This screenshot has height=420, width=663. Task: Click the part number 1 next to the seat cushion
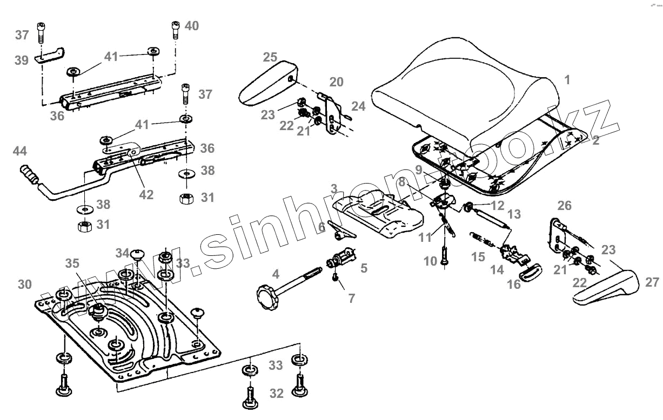(x=567, y=80)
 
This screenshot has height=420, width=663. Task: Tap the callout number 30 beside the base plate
(x=24, y=284)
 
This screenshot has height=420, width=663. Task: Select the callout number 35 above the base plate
(x=72, y=263)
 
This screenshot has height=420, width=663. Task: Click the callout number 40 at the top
(x=191, y=25)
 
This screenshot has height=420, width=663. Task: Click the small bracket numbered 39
(x=50, y=55)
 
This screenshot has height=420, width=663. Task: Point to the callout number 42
(x=146, y=194)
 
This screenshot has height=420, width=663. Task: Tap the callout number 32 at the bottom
(x=276, y=394)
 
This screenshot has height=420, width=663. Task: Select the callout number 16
(x=514, y=284)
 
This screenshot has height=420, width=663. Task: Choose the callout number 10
(x=430, y=262)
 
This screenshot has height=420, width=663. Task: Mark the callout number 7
(x=351, y=298)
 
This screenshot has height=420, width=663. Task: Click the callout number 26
(x=564, y=205)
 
